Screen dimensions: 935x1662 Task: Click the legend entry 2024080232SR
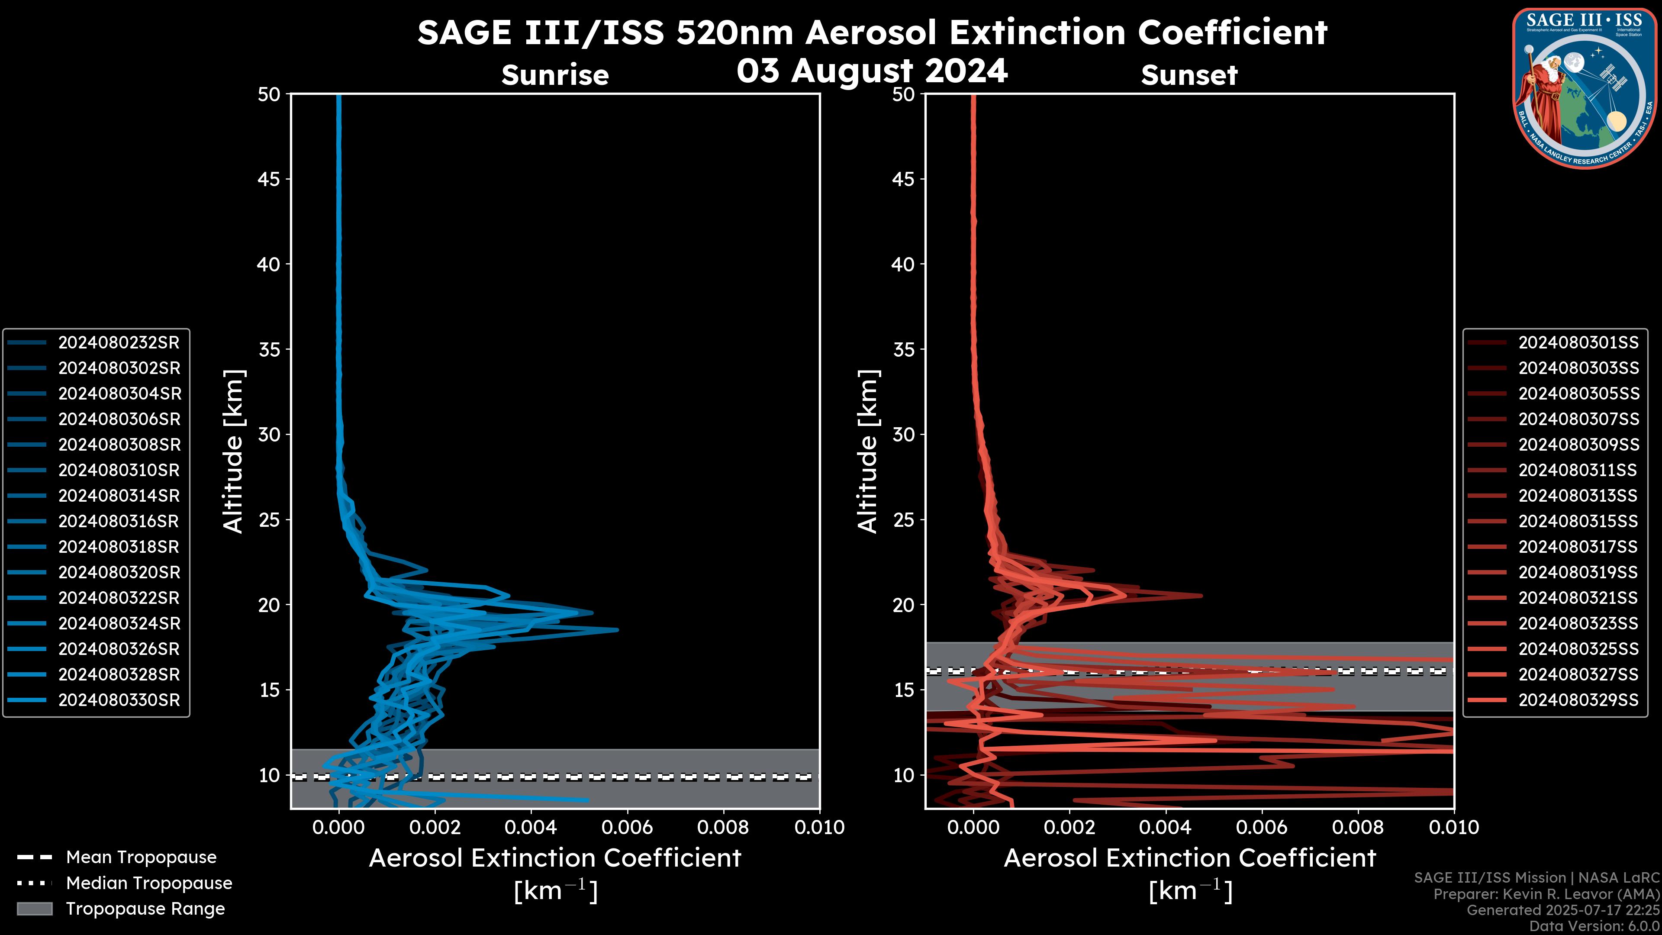point(119,343)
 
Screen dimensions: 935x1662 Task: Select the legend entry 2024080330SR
point(119,700)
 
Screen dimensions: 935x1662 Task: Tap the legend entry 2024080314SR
point(119,496)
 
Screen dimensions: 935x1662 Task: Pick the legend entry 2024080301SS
point(1578,343)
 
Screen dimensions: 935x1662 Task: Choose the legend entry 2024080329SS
point(1578,700)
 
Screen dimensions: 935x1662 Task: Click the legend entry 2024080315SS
point(1578,521)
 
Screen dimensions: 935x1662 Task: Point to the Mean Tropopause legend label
point(141,857)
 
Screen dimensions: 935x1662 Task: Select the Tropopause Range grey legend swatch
point(34,909)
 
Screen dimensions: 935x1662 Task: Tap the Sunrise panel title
point(555,75)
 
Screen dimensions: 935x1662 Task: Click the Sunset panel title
point(1189,75)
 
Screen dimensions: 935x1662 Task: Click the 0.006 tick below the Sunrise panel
point(627,827)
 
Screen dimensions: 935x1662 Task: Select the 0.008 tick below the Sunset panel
point(1358,827)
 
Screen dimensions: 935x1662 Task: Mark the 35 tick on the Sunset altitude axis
point(904,349)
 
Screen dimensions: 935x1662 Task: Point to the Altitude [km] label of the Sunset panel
point(868,451)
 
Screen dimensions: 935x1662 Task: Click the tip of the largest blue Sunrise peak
point(618,629)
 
